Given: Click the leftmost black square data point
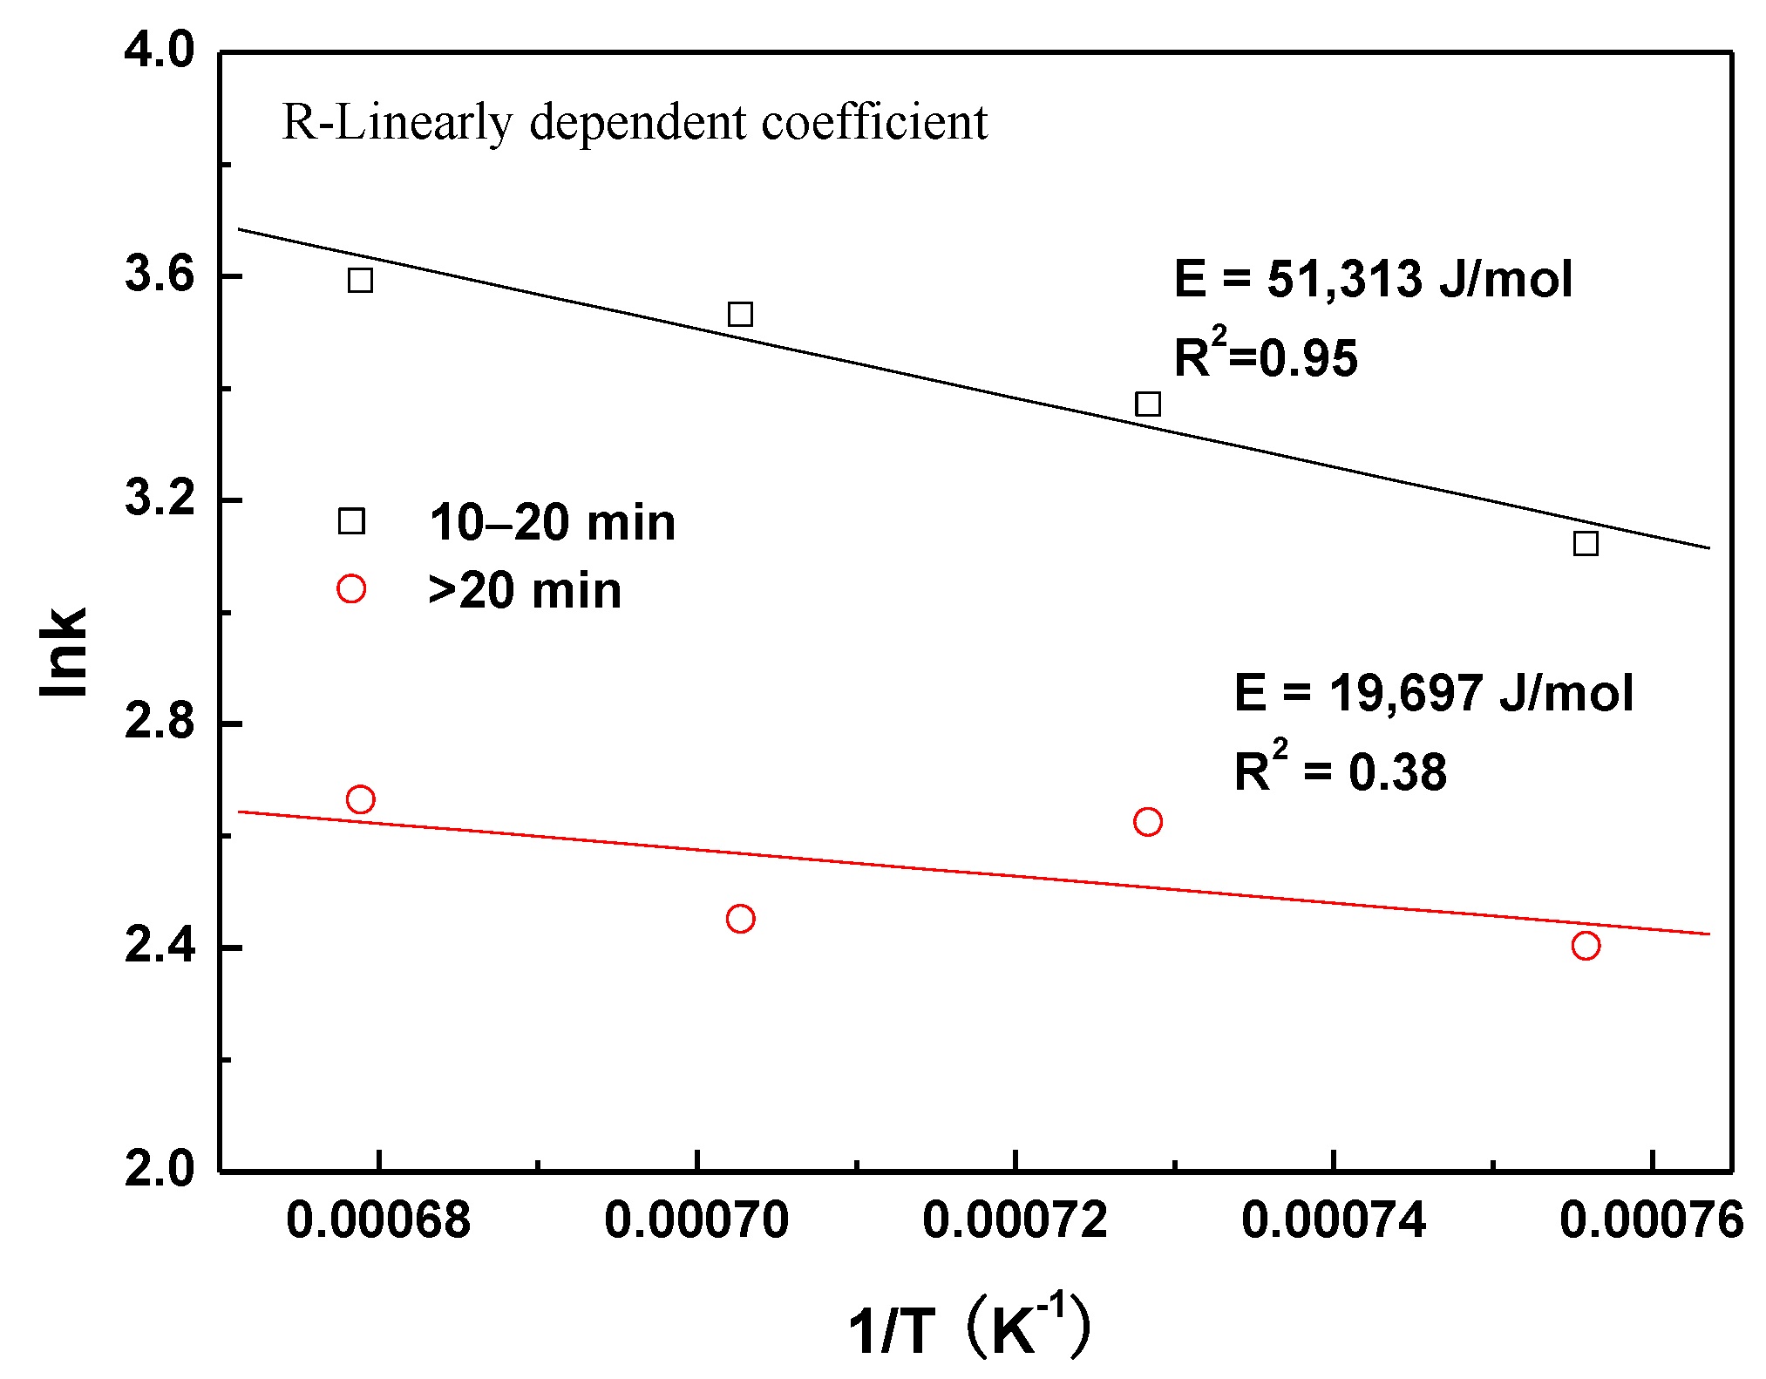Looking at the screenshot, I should [360, 280].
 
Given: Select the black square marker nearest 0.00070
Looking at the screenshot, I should [740, 314].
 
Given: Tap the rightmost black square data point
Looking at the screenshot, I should [1586, 544].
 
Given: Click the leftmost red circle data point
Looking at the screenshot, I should [360, 799].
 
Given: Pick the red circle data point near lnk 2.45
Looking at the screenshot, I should [740, 919].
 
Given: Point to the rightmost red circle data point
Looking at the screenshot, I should [1586, 946].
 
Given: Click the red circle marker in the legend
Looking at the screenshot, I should [351, 589].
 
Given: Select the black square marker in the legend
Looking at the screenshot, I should [351, 521].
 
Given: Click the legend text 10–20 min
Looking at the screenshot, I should [552, 523].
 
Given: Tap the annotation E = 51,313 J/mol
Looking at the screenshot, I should [1373, 280].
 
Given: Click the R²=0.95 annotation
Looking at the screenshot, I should [1265, 356].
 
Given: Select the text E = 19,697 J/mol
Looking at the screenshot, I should [1433, 694].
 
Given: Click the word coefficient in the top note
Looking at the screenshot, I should [874, 122].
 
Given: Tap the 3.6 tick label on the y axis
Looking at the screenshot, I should [159, 275].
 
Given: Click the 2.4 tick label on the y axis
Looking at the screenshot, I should [159, 946].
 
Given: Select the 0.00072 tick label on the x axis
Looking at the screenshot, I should [1015, 1219].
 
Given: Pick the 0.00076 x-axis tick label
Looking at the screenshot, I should [1651, 1219].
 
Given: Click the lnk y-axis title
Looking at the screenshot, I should [65, 651].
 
